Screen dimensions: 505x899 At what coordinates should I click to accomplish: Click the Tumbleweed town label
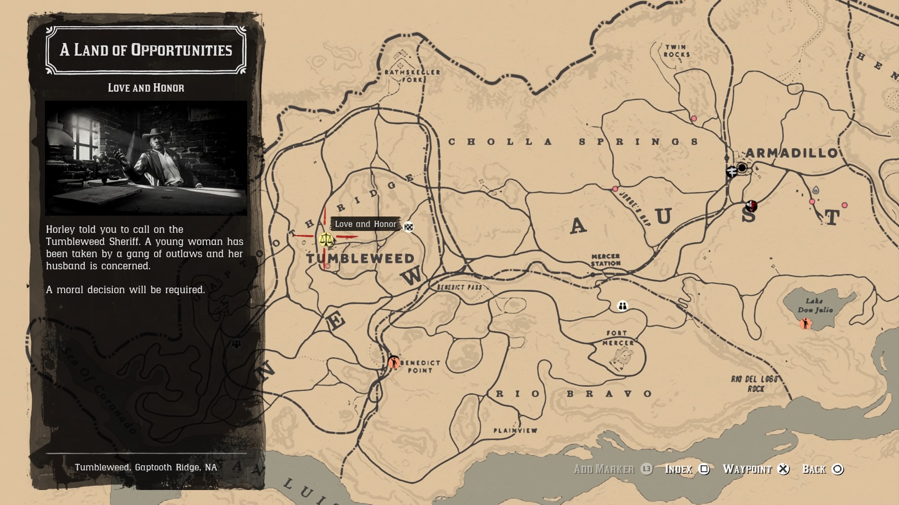pyautogui.click(x=360, y=259)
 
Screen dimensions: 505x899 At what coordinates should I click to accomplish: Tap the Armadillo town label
pyautogui.click(x=791, y=153)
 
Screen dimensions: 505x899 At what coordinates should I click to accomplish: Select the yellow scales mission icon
pyautogui.click(x=326, y=240)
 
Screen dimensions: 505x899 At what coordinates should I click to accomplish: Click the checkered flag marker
pyautogui.click(x=409, y=227)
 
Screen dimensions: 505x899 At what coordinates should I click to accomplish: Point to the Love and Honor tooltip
pyautogui.click(x=365, y=224)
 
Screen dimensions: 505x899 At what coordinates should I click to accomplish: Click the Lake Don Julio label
pyautogui.click(x=815, y=305)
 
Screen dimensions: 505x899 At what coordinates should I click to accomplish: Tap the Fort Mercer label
pyautogui.click(x=618, y=338)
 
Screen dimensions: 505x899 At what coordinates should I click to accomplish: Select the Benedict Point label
pyautogui.click(x=420, y=366)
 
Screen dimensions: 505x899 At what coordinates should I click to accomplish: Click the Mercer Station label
pyautogui.click(x=605, y=260)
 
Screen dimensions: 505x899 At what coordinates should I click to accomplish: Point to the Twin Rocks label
pyautogui.click(x=676, y=50)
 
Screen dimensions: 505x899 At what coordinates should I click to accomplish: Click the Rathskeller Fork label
pyautogui.click(x=412, y=75)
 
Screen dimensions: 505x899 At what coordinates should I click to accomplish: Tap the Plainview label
pyautogui.click(x=515, y=430)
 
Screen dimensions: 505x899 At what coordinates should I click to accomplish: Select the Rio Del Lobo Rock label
pyautogui.click(x=754, y=383)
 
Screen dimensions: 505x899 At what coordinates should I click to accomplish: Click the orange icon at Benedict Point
pyautogui.click(x=394, y=362)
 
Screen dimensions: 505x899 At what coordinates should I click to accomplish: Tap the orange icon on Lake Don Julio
pyautogui.click(x=805, y=323)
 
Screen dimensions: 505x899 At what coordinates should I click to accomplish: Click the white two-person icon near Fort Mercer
pyautogui.click(x=622, y=306)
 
